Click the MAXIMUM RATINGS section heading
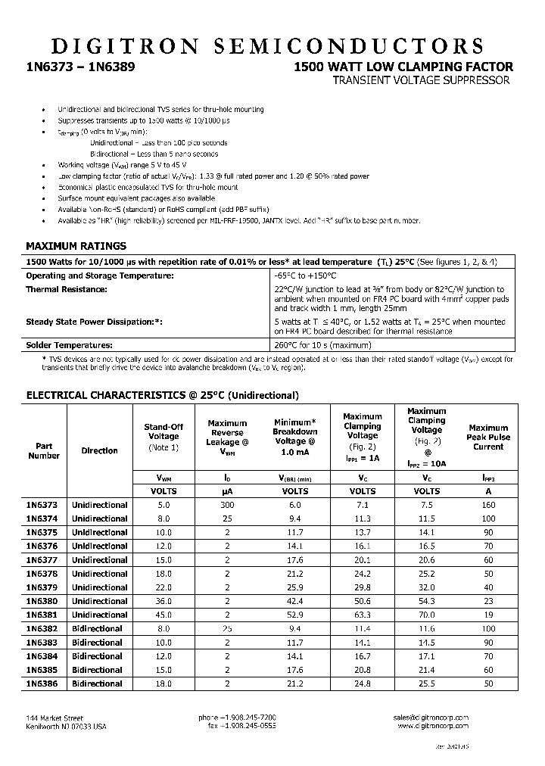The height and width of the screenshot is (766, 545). coord(76,246)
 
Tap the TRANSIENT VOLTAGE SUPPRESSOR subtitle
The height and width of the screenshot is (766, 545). coord(422,80)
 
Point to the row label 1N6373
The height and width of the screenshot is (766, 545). coord(43,505)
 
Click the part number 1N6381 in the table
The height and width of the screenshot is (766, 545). coord(43,615)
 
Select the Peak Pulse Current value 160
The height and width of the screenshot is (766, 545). coord(488,505)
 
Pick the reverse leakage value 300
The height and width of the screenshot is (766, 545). coord(227,505)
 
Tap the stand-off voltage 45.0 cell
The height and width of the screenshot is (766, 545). coord(163,615)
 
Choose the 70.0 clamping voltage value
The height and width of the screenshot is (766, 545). coord(426,615)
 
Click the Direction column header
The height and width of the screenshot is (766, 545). coord(99,450)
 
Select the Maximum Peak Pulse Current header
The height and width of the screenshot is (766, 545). coord(488,437)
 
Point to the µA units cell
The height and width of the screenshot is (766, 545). coord(227,490)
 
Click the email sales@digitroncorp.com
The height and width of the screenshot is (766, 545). coord(431,718)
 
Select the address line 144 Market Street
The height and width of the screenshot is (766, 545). coord(54,718)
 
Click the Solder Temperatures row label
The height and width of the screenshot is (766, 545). coord(70,345)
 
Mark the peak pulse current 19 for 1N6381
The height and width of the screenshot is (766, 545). coord(488,615)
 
